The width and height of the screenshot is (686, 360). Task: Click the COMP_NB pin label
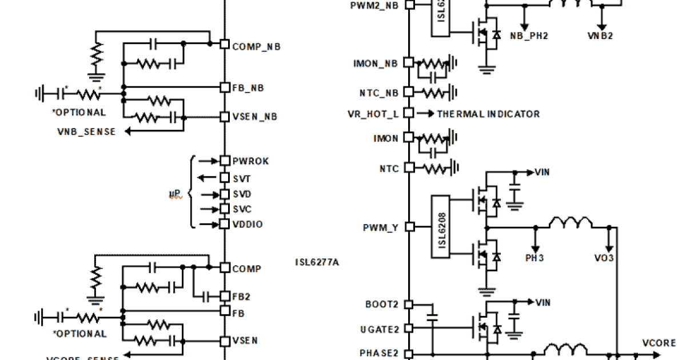[x=256, y=47]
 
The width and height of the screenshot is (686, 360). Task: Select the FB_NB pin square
[x=225, y=87]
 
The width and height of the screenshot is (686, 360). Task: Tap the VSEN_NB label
[x=255, y=117]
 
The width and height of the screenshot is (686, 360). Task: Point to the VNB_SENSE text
[x=86, y=132]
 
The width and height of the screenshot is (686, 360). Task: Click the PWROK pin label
[x=250, y=161]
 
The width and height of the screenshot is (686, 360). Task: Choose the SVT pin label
[x=242, y=179]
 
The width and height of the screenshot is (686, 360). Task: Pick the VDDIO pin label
[x=248, y=225]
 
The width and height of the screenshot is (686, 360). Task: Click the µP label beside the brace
[x=175, y=195]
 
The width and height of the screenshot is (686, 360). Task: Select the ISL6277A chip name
[x=317, y=262]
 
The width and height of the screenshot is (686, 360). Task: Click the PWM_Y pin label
[x=381, y=228]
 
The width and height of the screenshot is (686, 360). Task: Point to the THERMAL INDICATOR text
[x=488, y=114]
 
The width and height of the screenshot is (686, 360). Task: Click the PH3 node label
[x=535, y=258]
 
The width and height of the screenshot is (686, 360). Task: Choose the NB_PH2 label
[x=529, y=35]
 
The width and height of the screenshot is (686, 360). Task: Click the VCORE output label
[x=659, y=343]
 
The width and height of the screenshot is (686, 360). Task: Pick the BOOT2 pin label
[x=381, y=304]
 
